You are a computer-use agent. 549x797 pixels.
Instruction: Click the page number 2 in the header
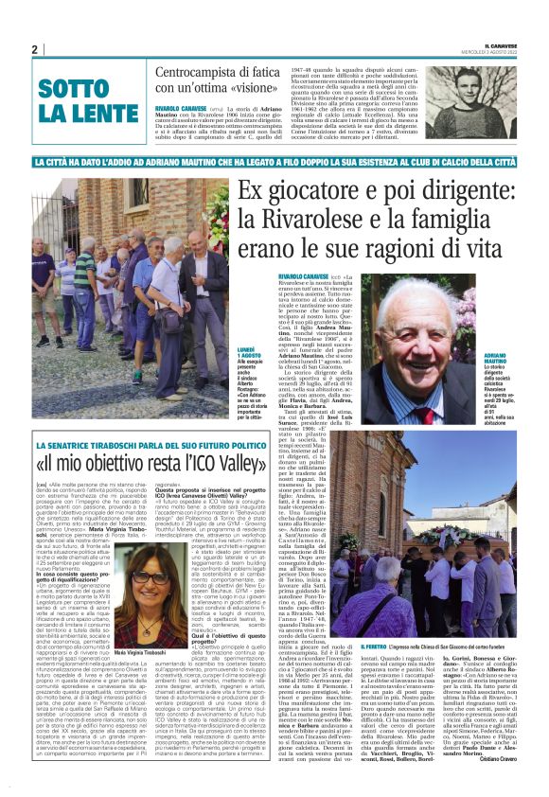(x=34, y=49)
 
